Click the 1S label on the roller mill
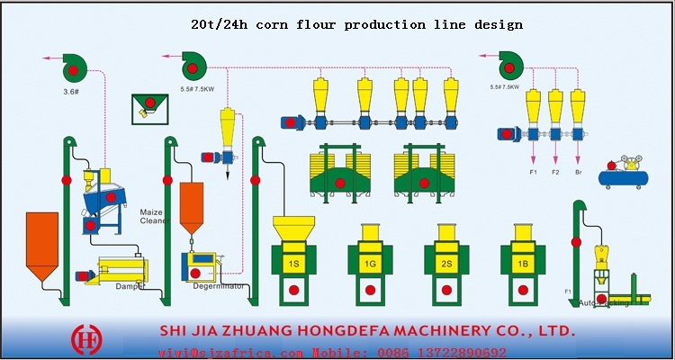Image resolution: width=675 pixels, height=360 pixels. tap(293, 264)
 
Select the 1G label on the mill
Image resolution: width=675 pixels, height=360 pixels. tap(370, 264)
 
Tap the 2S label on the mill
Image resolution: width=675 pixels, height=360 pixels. tap(446, 264)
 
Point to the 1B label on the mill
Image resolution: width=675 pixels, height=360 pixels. tap(523, 264)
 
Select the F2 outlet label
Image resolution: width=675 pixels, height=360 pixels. tap(555, 171)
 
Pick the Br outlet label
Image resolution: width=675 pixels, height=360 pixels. tap(578, 171)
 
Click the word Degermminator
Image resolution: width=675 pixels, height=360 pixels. tap(219, 286)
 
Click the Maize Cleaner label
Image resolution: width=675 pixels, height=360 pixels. tap(154, 216)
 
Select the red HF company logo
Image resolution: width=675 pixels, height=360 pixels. tap(87, 338)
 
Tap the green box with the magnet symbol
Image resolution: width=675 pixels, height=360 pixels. tap(149, 109)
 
